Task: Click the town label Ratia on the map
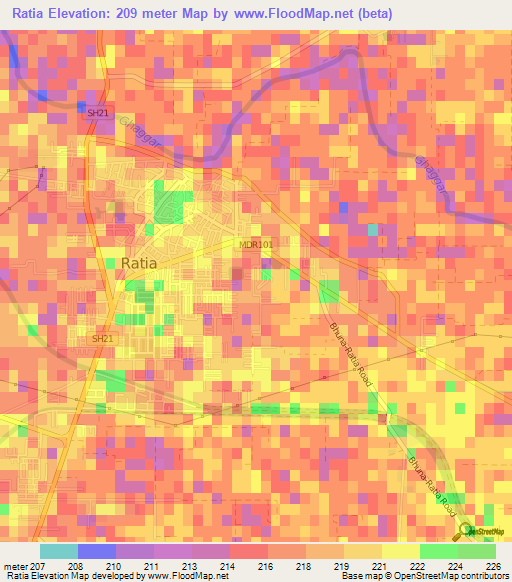pos(138,263)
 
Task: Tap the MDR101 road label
pos(256,244)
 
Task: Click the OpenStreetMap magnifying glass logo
pos(467,531)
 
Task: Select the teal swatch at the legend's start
pos(59,551)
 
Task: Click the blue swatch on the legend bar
pos(97,551)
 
